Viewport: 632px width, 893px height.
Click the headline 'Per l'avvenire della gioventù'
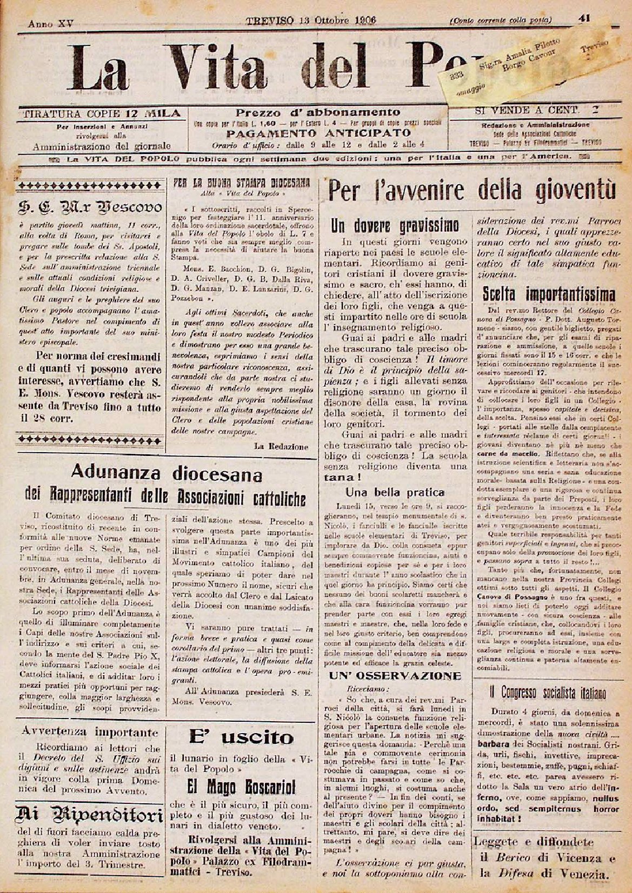click(471, 192)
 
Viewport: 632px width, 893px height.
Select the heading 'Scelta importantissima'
click(548, 294)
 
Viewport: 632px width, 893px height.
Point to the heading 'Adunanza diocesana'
click(167, 475)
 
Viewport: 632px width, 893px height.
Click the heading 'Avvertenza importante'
click(90, 733)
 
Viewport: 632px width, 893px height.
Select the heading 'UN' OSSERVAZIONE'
click(395, 676)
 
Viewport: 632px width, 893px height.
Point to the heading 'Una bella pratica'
click(395, 492)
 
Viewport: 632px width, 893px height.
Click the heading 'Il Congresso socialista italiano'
click(548, 693)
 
